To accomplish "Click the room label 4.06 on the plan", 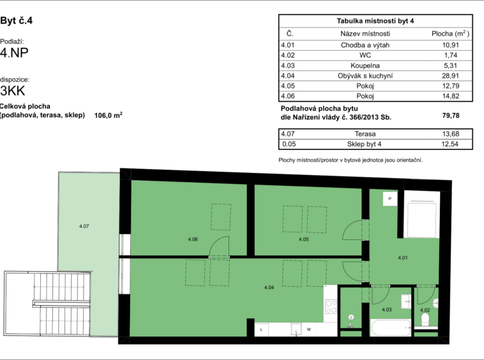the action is (x=193, y=239).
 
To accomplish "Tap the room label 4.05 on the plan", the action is (x=303, y=239).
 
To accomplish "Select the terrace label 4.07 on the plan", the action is (x=84, y=226).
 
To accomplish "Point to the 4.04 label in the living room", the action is (x=269, y=287).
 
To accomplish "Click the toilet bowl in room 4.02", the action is (x=425, y=320).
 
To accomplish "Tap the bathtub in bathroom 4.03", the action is (x=391, y=327).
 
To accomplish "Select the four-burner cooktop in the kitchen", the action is (x=331, y=306).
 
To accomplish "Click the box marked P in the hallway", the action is (x=390, y=199).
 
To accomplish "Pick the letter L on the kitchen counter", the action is (x=261, y=329).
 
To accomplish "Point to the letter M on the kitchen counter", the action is (x=308, y=329).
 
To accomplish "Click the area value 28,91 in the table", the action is (x=450, y=75).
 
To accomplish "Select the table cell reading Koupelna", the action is (x=365, y=65).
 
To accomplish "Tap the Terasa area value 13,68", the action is (x=450, y=134).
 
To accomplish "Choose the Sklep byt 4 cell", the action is (x=364, y=144).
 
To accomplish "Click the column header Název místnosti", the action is (x=365, y=34).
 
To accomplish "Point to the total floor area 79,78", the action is (x=451, y=116).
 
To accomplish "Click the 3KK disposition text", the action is (x=13, y=91).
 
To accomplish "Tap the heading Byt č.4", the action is (x=17, y=20).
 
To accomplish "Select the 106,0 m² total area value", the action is (x=109, y=116).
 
